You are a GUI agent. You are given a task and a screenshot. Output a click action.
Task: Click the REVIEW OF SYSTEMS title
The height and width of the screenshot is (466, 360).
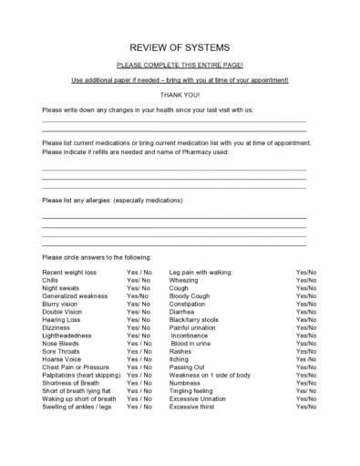click(x=179, y=47)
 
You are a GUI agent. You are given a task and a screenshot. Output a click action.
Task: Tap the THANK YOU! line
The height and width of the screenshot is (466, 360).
click(x=179, y=94)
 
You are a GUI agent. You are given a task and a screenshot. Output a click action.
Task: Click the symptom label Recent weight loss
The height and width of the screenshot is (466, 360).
click(x=70, y=272)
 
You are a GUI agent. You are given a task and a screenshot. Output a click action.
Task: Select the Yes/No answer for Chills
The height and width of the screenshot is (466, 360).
click(x=139, y=280)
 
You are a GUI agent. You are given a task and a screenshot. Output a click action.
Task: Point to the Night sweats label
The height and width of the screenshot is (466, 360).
click(x=61, y=288)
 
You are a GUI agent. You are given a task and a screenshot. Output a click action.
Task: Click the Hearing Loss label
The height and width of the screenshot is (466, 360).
click(x=62, y=320)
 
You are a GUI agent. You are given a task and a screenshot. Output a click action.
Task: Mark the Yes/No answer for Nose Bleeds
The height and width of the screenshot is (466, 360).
click(x=139, y=343)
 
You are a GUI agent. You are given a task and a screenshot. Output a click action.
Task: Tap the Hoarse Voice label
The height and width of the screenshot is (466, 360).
click(x=62, y=358)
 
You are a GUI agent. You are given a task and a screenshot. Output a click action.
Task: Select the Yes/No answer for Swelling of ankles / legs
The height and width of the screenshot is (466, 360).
click(x=139, y=406)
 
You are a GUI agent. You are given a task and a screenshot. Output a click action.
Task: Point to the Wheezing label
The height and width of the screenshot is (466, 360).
click(x=184, y=280)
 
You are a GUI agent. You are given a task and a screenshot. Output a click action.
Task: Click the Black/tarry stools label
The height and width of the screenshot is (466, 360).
click(x=194, y=320)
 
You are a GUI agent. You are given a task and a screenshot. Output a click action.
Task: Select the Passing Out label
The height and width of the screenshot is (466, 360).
click(x=188, y=367)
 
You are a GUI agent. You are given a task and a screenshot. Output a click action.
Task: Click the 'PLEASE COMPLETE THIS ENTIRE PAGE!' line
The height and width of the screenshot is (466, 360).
click(x=179, y=66)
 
